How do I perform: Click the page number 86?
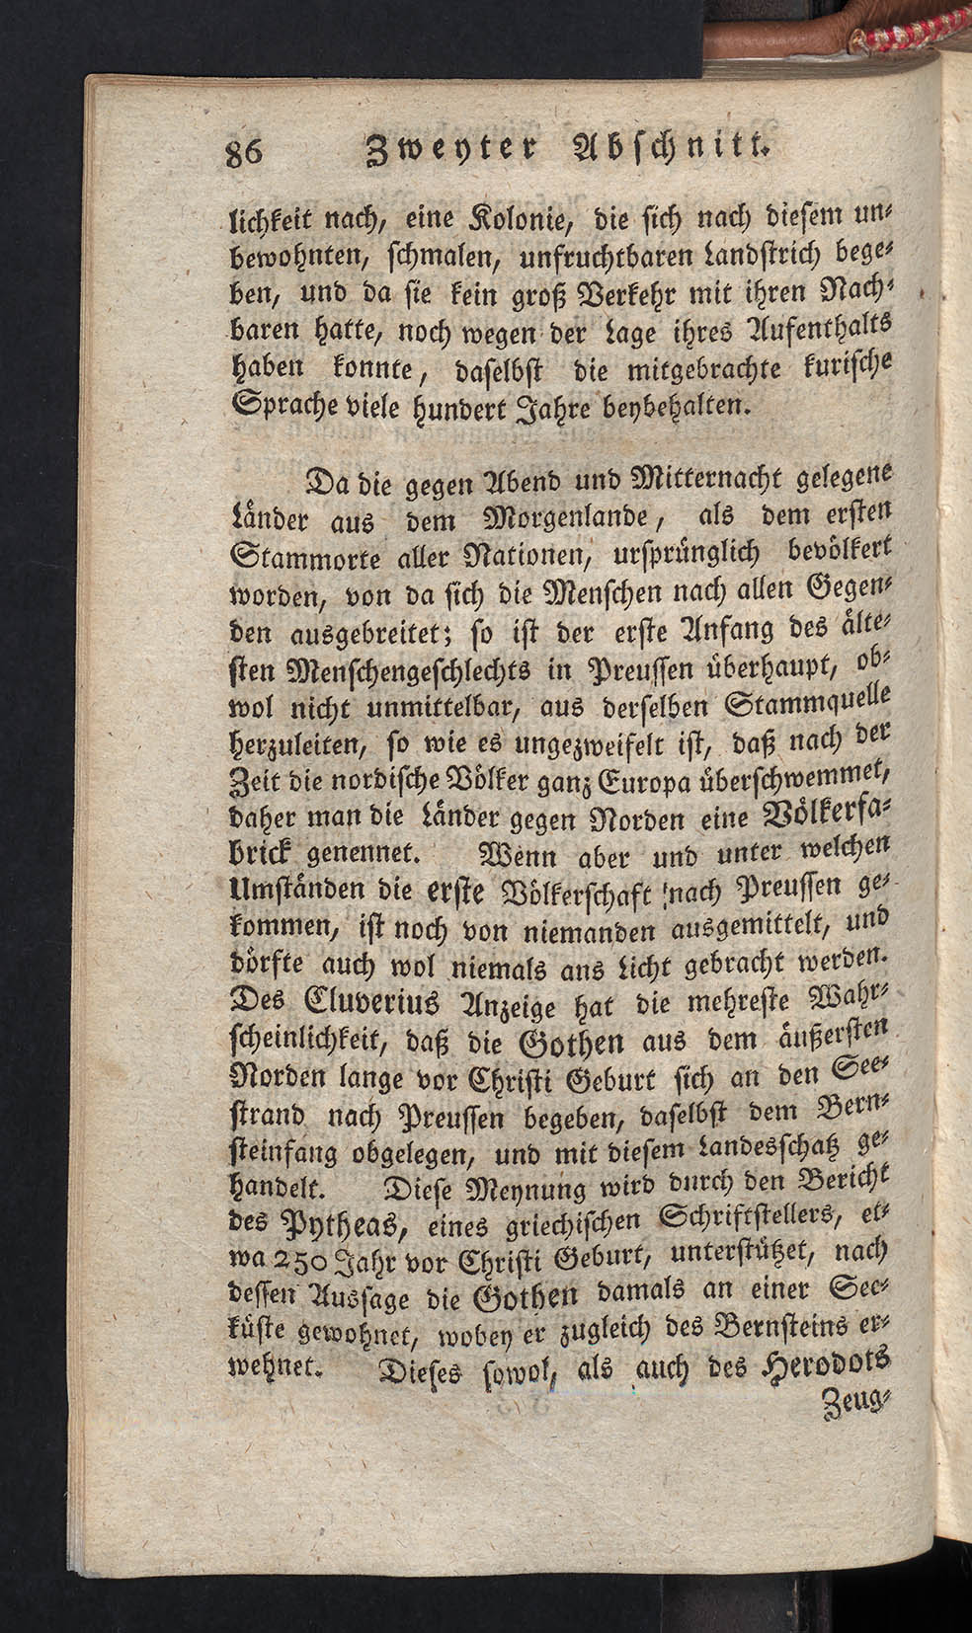pyautogui.click(x=242, y=156)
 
